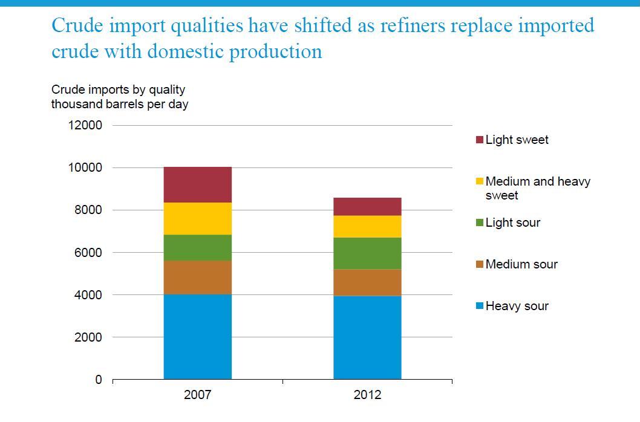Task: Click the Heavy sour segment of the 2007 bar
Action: (197, 337)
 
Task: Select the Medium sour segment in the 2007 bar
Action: (197, 278)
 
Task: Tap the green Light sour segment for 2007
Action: (197, 247)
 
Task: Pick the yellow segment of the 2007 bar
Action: (197, 218)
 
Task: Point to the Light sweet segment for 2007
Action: (197, 184)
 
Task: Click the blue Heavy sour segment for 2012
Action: (367, 337)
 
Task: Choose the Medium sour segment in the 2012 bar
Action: (367, 282)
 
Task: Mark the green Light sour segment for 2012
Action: (367, 253)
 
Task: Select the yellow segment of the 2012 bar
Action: (367, 227)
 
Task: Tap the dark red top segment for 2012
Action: (367, 207)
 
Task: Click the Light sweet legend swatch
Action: (480, 140)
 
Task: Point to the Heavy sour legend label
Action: (517, 306)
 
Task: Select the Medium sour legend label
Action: (521, 264)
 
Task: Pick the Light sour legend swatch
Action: (480, 223)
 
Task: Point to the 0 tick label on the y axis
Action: (99, 380)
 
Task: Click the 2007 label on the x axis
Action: (197, 395)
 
